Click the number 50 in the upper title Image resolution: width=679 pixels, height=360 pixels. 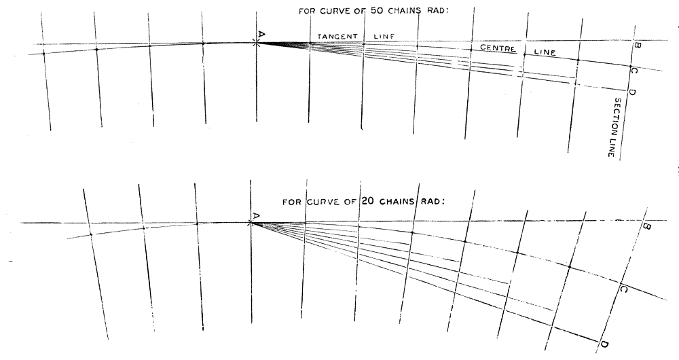pos(377,11)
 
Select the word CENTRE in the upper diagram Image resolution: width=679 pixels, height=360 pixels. pos(498,48)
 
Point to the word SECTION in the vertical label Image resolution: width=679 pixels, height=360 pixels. pos(617,113)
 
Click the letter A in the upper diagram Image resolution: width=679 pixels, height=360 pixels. pos(261,34)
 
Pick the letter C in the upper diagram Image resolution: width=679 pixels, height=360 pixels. pos(634,71)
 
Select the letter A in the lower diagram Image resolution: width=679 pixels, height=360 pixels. pos(255,215)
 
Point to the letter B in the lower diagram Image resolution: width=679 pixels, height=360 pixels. pos(647,227)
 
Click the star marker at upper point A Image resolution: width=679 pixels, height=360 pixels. pos(257,43)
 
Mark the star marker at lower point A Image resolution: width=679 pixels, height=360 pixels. pos(251,223)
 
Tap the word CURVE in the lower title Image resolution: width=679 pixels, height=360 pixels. pos(321,202)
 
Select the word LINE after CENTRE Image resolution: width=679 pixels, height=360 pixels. pos(545,52)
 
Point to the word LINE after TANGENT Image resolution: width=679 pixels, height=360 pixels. pos(384,37)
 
